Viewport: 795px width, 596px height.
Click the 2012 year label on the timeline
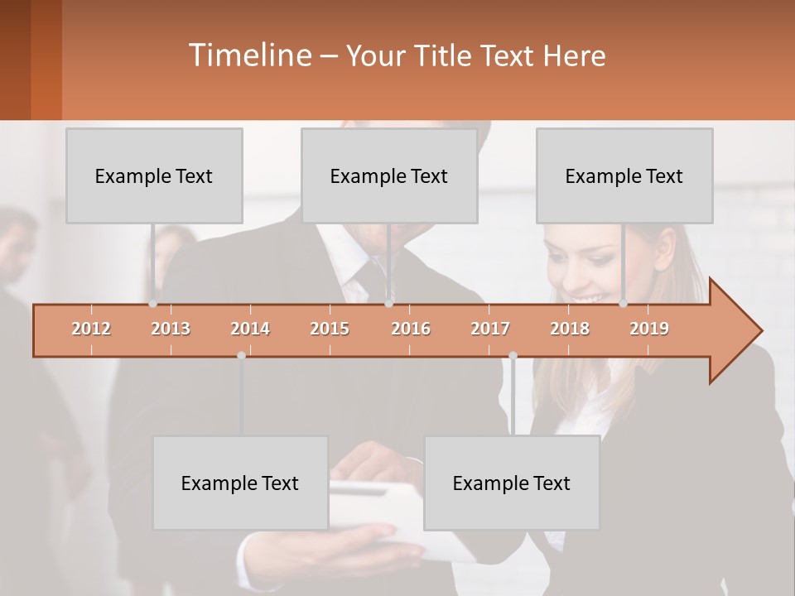pos(91,329)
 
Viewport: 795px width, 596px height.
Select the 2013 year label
pos(171,329)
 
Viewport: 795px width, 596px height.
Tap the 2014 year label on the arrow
pos(250,329)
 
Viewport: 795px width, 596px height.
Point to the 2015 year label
pos(330,329)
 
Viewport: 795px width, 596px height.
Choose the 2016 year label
pos(411,329)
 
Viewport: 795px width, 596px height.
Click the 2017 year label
pos(490,329)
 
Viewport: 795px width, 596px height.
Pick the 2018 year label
pos(570,329)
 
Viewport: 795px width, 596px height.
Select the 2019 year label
pos(649,329)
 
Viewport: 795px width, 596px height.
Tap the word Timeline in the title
pos(248,55)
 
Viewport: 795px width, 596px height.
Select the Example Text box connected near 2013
pos(154,175)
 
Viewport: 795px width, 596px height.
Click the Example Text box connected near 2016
pos(389,175)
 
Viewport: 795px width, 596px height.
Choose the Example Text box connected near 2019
pos(624,175)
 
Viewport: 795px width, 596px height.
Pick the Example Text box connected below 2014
pos(240,483)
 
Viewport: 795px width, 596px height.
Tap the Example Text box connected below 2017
pos(512,483)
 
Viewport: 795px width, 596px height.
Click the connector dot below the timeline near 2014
pos(241,355)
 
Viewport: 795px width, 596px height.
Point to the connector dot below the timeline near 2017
pos(513,355)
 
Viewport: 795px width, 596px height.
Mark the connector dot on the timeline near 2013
pos(153,304)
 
